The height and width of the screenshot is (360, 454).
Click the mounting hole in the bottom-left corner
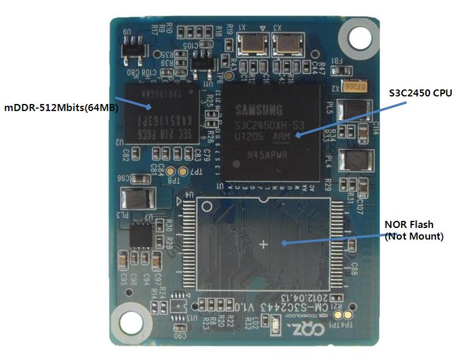click(132, 321)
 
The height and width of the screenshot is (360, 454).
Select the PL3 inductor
click(132, 198)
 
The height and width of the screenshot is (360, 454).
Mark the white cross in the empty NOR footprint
click(263, 244)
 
